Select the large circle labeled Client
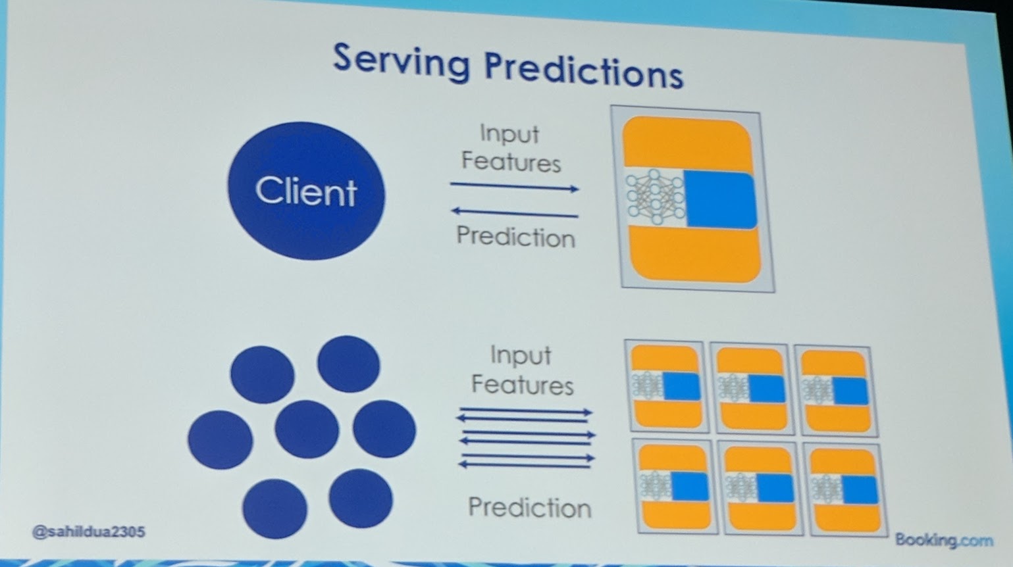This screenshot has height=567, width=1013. pos(306,190)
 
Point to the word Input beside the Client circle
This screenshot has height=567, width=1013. pos(509,134)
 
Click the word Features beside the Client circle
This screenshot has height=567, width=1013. pos(511,162)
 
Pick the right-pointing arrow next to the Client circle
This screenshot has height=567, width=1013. pos(514,187)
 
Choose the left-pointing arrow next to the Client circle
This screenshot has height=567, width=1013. pos(514,212)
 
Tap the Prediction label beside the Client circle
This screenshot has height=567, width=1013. pos(515,237)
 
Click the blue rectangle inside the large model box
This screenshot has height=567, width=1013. pos(719,199)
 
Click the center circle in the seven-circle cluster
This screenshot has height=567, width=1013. pos(307,430)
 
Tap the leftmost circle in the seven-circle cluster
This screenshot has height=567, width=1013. pos(220,439)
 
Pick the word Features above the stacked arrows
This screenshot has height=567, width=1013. pos(522,385)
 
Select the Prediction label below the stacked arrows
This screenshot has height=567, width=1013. pos(529,508)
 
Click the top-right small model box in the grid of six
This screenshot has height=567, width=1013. pos(835,389)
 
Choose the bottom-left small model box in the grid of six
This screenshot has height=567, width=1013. pos(674,487)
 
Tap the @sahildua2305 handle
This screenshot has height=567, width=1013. pos(88,531)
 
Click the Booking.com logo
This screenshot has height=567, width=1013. pos(943,541)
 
